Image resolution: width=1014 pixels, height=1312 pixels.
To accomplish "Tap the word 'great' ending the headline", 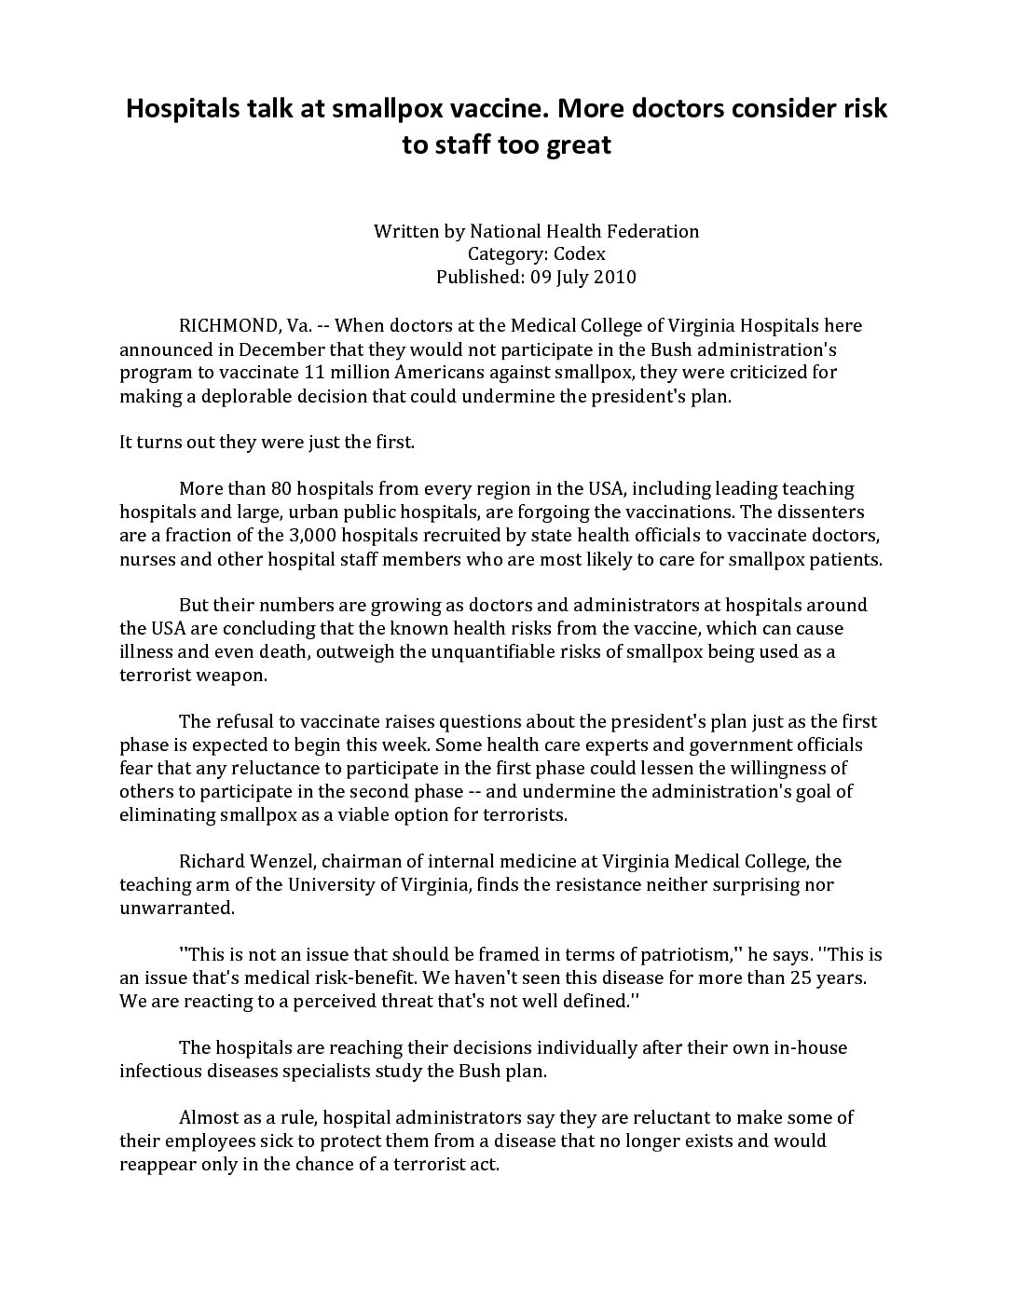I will coord(578,145).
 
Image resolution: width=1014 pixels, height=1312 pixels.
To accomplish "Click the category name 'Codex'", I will coord(580,253).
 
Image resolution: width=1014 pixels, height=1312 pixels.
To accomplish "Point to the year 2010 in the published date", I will coord(616,277).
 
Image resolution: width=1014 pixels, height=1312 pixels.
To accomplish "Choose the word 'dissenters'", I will coord(819,512).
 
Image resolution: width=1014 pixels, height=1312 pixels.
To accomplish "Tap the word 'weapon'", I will coord(231,676).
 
